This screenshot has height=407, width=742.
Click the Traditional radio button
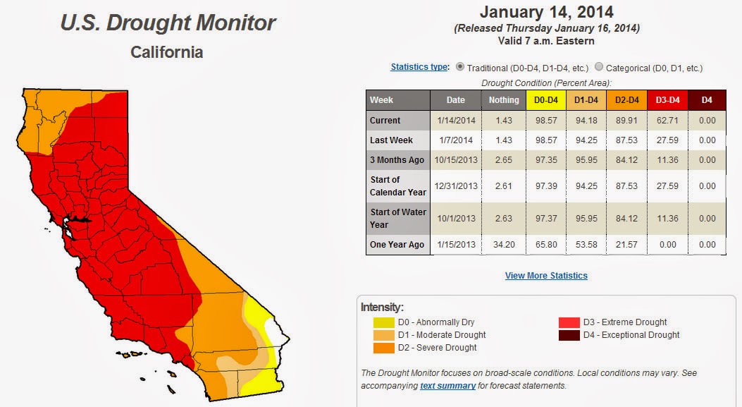point(460,67)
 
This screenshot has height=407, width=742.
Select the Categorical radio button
point(599,67)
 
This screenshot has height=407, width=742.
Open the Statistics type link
point(419,67)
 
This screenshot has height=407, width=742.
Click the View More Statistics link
point(546,276)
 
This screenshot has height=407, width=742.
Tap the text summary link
point(447,386)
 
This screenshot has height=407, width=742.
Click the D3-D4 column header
point(667,100)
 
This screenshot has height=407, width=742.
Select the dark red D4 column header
point(707,100)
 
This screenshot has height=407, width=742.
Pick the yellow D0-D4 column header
point(546,100)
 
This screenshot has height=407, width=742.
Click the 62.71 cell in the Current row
point(667,121)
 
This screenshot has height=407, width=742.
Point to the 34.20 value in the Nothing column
point(504,245)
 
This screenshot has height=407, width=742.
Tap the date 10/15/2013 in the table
point(456,160)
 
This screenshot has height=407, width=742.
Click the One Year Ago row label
point(397,245)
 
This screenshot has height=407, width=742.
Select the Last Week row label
point(391,140)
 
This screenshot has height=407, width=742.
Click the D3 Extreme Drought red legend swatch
point(569,322)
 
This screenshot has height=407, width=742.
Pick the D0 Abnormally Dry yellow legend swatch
point(384,322)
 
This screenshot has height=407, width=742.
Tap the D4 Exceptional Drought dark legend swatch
point(569,336)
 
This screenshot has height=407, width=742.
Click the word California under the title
point(166,52)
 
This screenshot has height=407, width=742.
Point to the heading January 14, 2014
point(547,12)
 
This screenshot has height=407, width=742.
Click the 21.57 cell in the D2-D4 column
point(626,245)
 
